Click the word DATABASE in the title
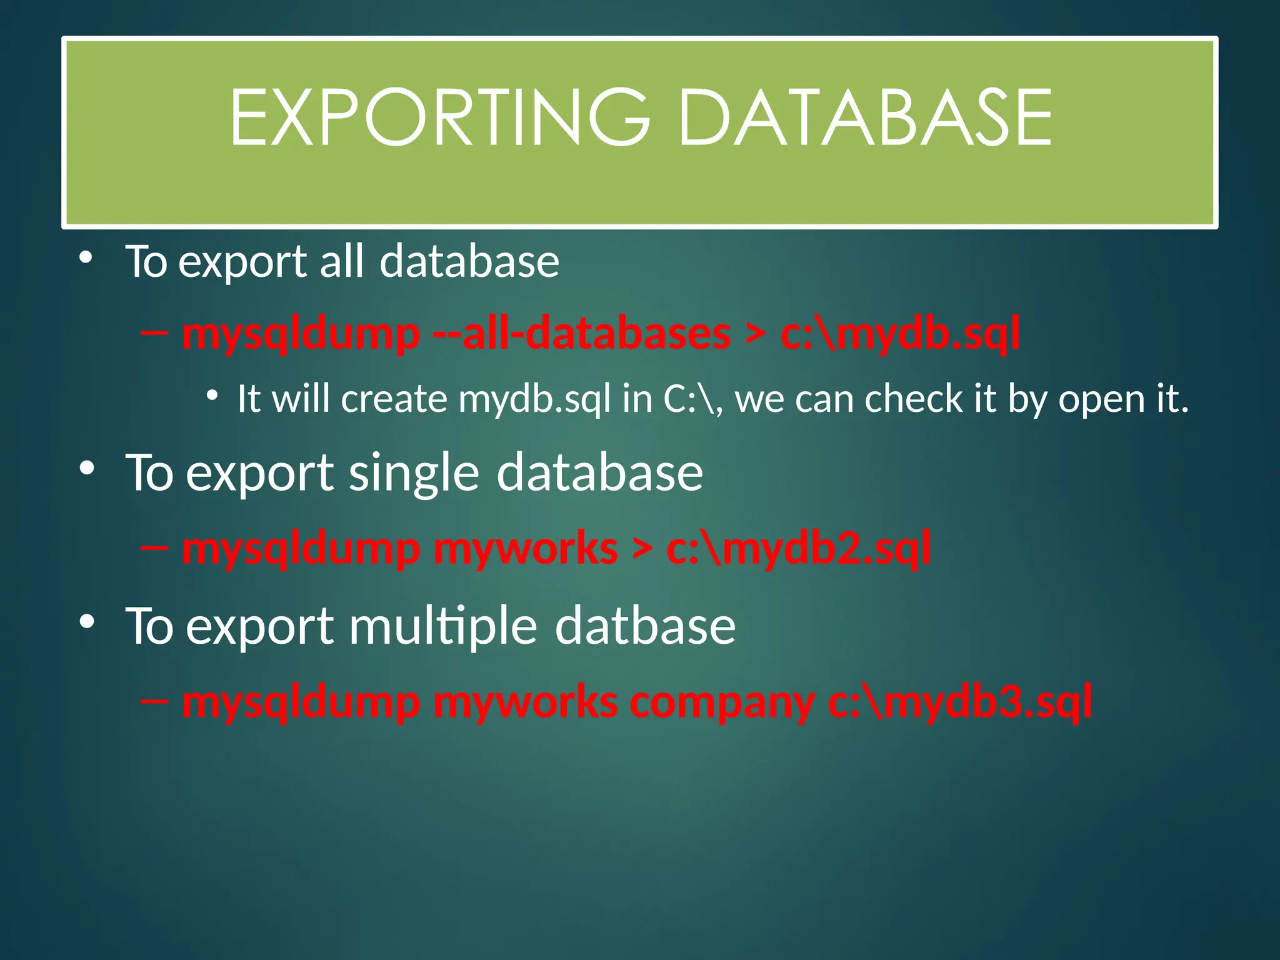coord(864,118)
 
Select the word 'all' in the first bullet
coord(341,261)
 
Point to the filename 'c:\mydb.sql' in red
coord(900,334)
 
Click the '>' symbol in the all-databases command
coord(755,335)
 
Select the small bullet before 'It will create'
coord(212,396)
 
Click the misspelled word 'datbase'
coord(645,626)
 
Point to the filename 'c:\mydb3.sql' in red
coord(960,703)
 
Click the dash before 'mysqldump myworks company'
coord(155,702)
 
